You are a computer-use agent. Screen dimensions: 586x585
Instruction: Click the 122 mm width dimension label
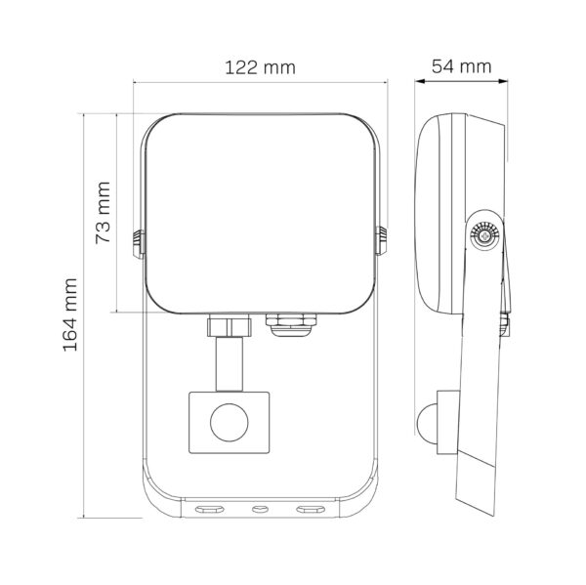click(260, 67)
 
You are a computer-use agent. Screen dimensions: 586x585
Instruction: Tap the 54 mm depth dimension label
click(461, 66)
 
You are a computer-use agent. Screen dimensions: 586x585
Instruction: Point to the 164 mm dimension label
click(70, 314)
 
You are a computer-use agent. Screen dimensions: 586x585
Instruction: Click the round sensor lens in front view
click(230, 423)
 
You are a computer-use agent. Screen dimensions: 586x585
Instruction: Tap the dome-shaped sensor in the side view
click(427, 423)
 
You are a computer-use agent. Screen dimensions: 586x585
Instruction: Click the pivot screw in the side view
click(485, 236)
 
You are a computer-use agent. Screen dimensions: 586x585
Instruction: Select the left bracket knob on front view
click(139, 244)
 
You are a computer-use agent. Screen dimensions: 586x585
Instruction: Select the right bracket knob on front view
click(381, 240)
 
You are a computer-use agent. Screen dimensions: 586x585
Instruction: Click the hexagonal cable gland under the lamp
click(291, 324)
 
